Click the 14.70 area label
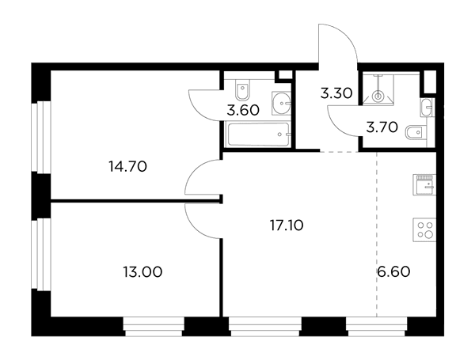point(127,166)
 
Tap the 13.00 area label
point(142,272)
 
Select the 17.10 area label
point(287,225)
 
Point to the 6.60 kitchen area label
point(393,271)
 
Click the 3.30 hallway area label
point(336,93)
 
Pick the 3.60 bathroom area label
point(243,110)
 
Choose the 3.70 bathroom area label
point(382,127)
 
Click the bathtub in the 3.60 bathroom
point(258,134)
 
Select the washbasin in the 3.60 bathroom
point(281,103)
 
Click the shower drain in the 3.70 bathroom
point(378,97)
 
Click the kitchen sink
point(424,184)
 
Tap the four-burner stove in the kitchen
point(424,229)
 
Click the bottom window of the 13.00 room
point(154,327)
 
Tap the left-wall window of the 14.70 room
point(41,137)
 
